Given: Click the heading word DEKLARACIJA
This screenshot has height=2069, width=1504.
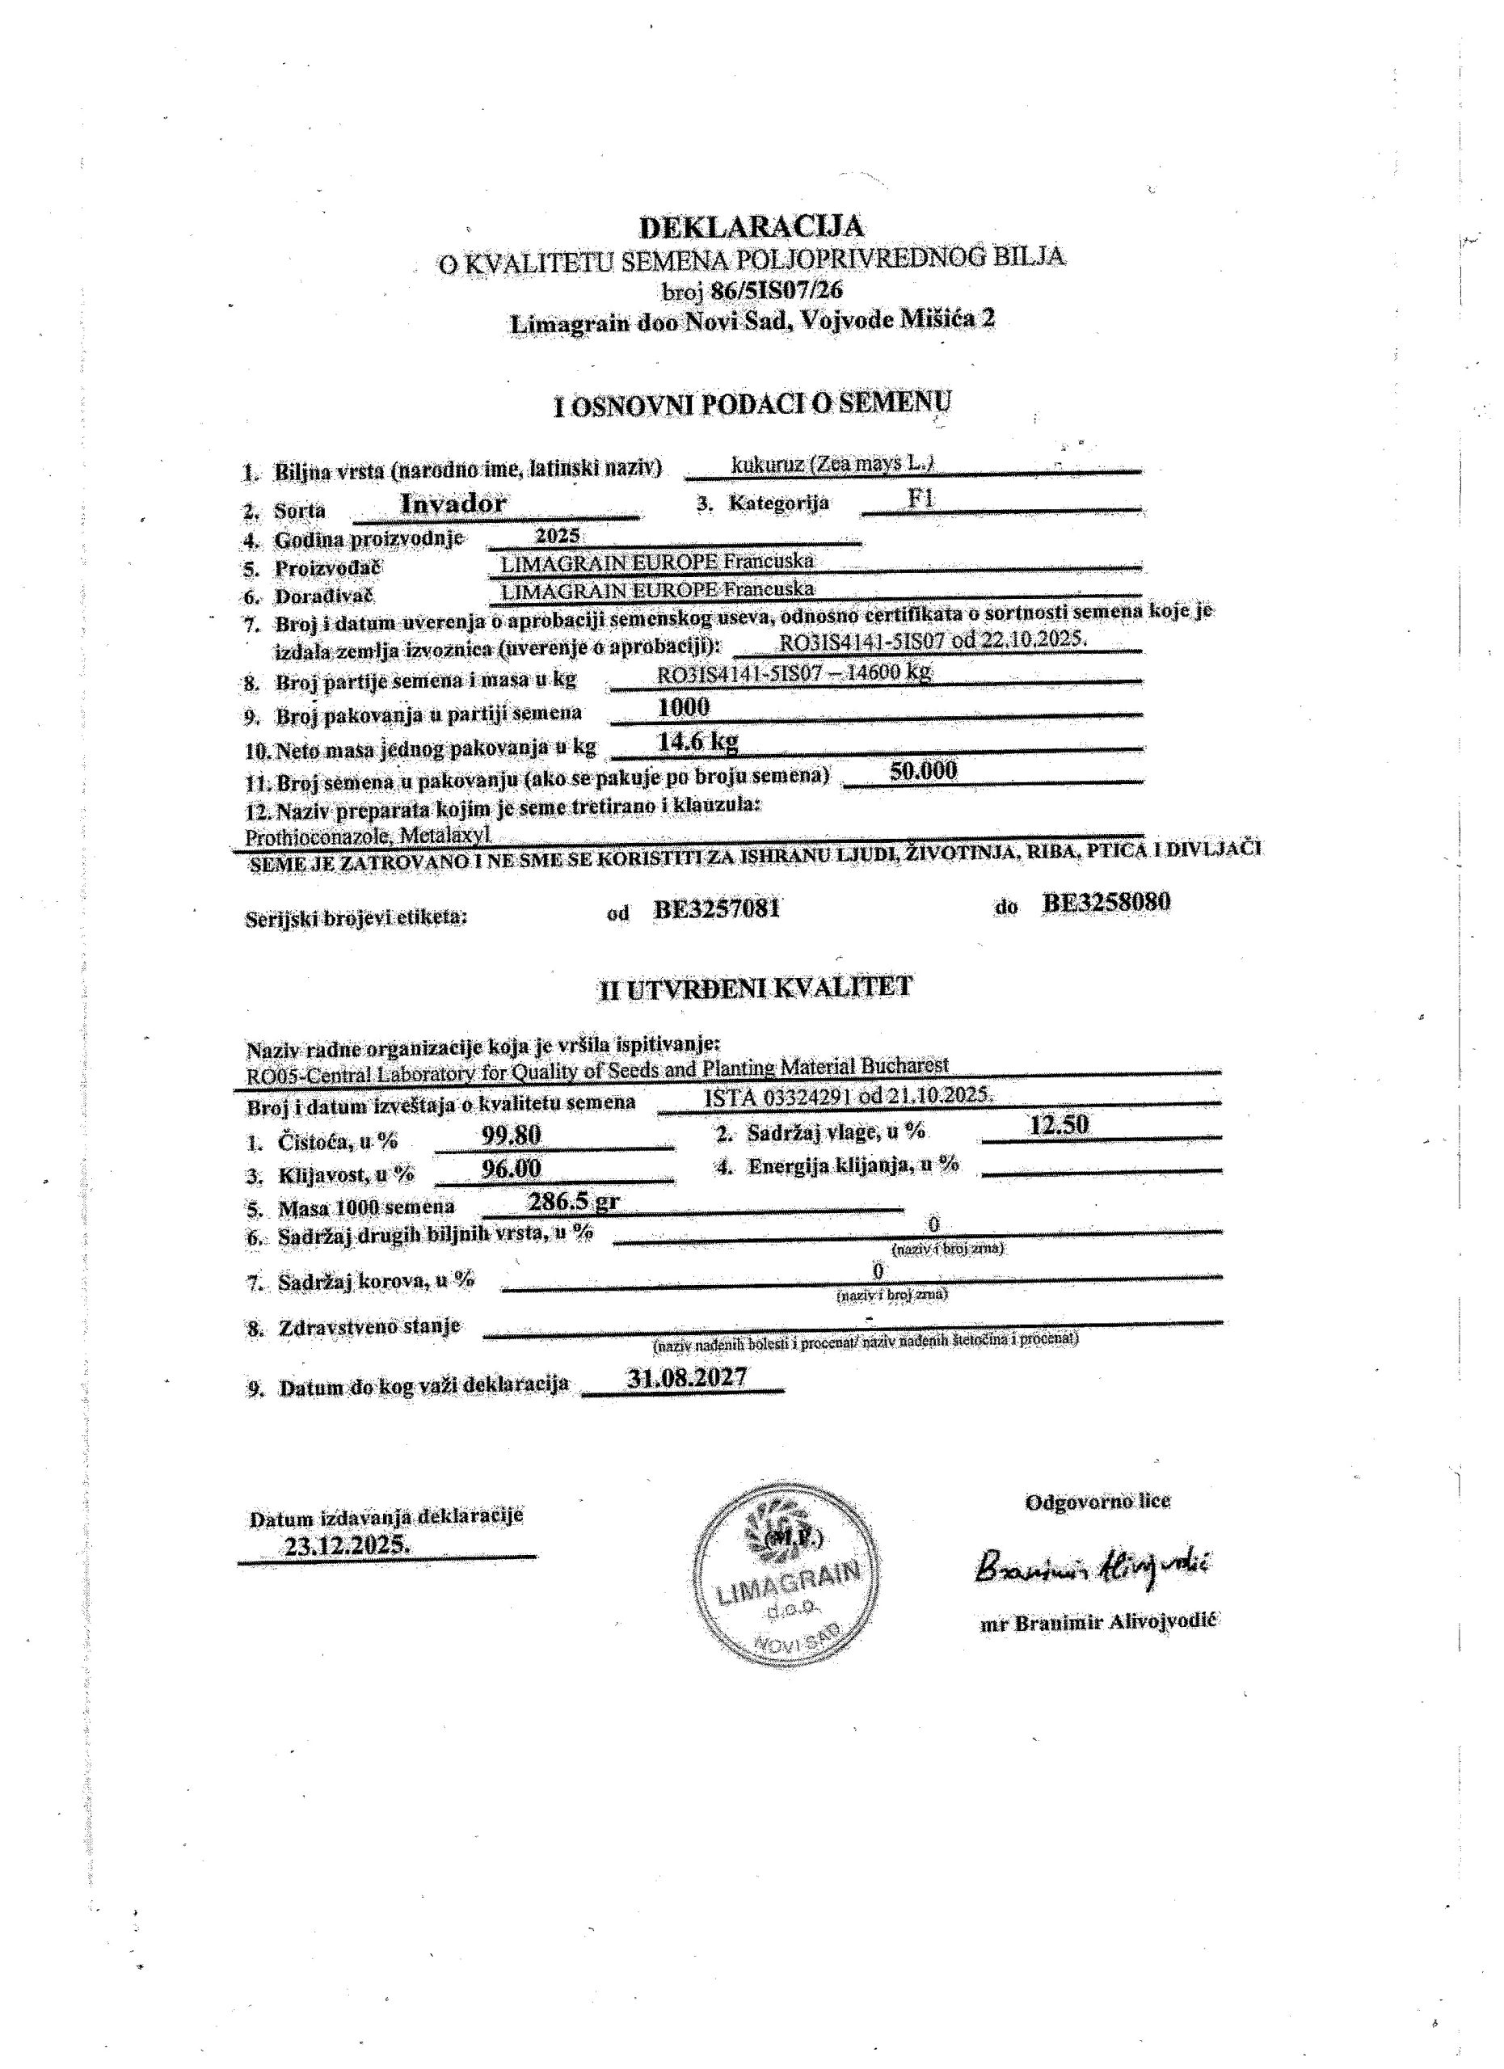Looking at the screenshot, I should coord(752,225).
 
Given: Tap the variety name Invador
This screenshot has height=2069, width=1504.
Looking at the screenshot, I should coord(453,503).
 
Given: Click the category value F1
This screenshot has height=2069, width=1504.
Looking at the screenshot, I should coord(921,499).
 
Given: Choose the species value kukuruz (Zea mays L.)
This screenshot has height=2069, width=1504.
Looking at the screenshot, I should coord(832,463).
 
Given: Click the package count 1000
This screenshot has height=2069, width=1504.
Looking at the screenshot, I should coord(684,707).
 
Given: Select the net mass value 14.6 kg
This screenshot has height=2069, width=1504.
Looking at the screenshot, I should coord(697,741).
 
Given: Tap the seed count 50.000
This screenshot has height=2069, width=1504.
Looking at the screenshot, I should coord(923,771).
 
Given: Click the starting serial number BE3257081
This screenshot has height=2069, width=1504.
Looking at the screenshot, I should coord(717,908).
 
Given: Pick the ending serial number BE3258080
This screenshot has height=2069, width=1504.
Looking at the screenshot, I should coord(1107,902).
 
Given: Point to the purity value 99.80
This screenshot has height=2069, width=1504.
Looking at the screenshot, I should coord(511,1135).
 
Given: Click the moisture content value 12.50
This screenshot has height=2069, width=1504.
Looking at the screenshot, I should coord(1059,1125).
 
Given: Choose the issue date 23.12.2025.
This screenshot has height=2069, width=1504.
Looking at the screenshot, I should coord(347,1547).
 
